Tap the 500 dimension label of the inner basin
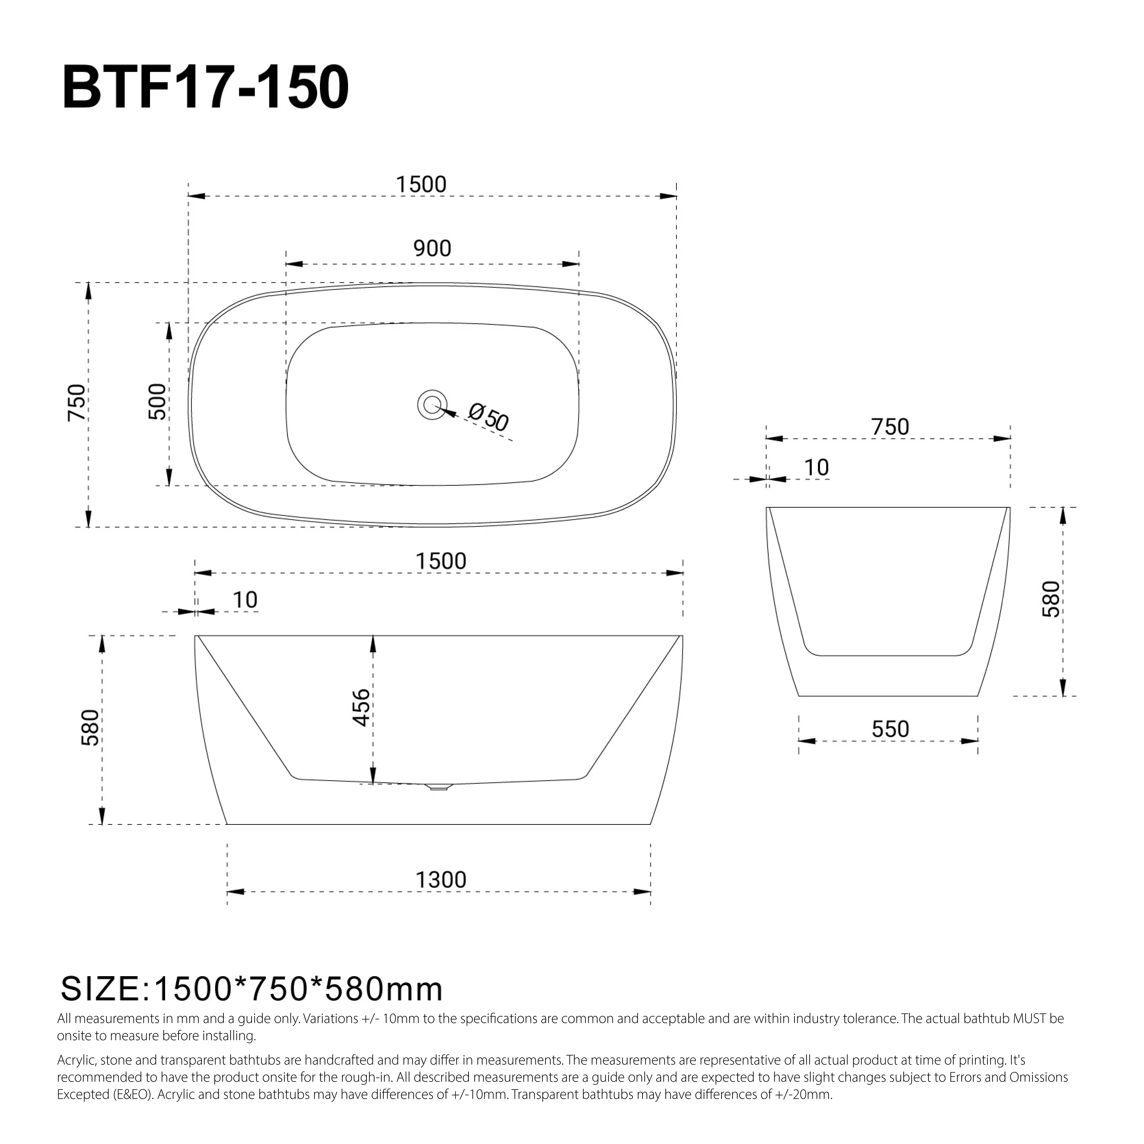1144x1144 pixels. (158, 402)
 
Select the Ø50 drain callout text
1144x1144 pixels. (488, 417)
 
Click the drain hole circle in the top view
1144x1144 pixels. (432, 405)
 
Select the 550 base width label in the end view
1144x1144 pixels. (890, 729)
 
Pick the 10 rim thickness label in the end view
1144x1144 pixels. (816, 468)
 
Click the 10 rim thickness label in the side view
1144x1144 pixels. (244, 600)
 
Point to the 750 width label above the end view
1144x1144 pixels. (890, 427)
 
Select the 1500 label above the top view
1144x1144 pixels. (421, 185)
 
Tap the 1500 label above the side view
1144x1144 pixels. (441, 561)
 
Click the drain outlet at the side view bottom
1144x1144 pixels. (438, 787)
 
